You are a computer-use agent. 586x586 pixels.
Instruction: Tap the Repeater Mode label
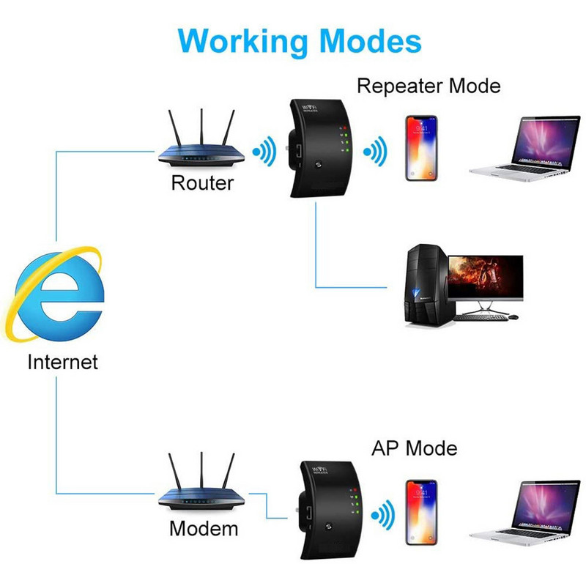click(429, 86)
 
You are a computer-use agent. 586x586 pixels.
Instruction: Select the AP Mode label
click(414, 448)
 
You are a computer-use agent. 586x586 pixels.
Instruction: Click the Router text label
click(201, 182)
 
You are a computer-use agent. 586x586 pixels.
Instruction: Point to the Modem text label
click(204, 528)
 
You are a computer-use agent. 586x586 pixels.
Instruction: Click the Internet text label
click(62, 362)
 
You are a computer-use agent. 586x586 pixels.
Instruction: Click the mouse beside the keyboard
click(513, 317)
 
